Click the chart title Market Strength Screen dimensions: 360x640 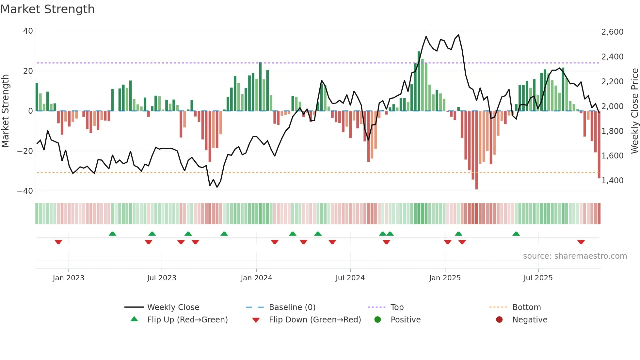tap(47, 9)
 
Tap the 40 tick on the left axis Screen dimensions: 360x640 tap(28, 31)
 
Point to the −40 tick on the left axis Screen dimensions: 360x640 tap(25, 191)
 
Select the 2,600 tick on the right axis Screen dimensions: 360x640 tap(612, 32)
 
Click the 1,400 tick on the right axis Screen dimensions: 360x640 tap(612, 181)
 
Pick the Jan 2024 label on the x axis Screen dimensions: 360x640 tap(256, 278)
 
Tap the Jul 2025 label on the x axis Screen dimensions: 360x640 tap(538, 278)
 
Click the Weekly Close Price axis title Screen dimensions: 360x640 tap(634, 111)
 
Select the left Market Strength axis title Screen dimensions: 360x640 tap(5, 111)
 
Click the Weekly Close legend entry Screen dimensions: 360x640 tap(173, 307)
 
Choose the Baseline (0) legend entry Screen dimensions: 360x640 tap(292, 307)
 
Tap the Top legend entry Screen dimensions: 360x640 tap(397, 307)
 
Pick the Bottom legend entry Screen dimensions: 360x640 tap(526, 307)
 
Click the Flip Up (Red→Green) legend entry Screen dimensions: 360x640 tap(187, 320)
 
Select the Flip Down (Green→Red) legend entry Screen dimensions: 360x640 tap(315, 320)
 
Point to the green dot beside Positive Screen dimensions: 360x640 tap(378, 320)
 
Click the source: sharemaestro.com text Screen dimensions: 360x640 tap(575, 256)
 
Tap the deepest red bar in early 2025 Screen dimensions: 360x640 tap(476, 150)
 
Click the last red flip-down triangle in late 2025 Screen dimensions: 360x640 tap(581, 242)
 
